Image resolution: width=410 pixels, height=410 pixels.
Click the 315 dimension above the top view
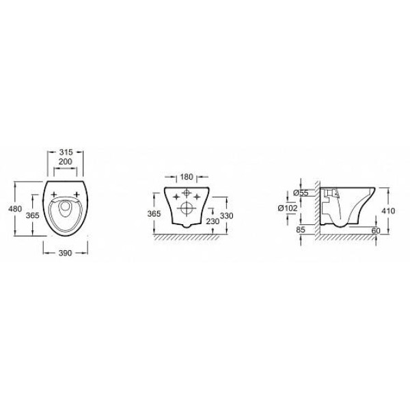(66, 152)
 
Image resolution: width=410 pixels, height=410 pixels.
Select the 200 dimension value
(65, 162)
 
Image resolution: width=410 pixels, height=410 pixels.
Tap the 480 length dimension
(15, 208)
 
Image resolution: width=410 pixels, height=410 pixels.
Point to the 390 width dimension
(65, 253)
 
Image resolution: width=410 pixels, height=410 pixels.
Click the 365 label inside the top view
(33, 215)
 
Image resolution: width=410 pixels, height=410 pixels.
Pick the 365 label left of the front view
(154, 214)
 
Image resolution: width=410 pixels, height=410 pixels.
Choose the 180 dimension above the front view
(187, 177)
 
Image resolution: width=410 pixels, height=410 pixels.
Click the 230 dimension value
(213, 221)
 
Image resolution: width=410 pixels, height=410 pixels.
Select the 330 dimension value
(226, 216)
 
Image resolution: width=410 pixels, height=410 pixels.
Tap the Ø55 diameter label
(301, 193)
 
